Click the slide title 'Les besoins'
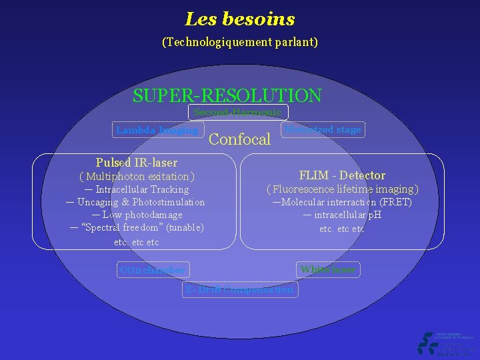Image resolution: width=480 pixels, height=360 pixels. pyautogui.click(x=240, y=19)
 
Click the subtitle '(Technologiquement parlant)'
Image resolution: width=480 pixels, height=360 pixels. pyautogui.click(x=240, y=42)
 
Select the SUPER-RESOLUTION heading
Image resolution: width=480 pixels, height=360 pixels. pyautogui.click(x=227, y=96)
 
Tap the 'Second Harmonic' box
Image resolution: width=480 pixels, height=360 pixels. pyautogui.click(x=238, y=113)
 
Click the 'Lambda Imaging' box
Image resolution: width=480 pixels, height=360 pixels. pyautogui.click(x=157, y=131)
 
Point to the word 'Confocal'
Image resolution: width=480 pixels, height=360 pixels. pyautogui.click(x=240, y=139)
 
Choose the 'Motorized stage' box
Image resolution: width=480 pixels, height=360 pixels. pyautogui.click(x=323, y=130)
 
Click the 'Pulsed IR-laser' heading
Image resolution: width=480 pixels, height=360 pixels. pyautogui.click(x=137, y=163)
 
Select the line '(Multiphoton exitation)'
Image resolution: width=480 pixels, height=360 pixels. pyautogui.click(x=137, y=177)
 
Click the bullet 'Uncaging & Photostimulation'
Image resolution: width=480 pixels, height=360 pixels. pyautogui.click(x=141, y=202)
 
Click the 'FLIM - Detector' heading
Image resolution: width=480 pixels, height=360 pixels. pyautogui.click(x=342, y=175)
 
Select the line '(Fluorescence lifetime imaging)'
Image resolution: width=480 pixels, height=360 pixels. pyautogui.click(x=342, y=189)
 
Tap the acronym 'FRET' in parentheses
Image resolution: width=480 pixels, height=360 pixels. pyautogui.click(x=397, y=202)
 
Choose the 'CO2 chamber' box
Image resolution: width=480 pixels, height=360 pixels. pyautogui.click(x=152, y=270)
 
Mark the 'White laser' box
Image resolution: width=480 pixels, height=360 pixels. pyautogui.click(x=328, y=269)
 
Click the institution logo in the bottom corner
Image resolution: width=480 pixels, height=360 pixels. pyautogui.click(x=445, y=343)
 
